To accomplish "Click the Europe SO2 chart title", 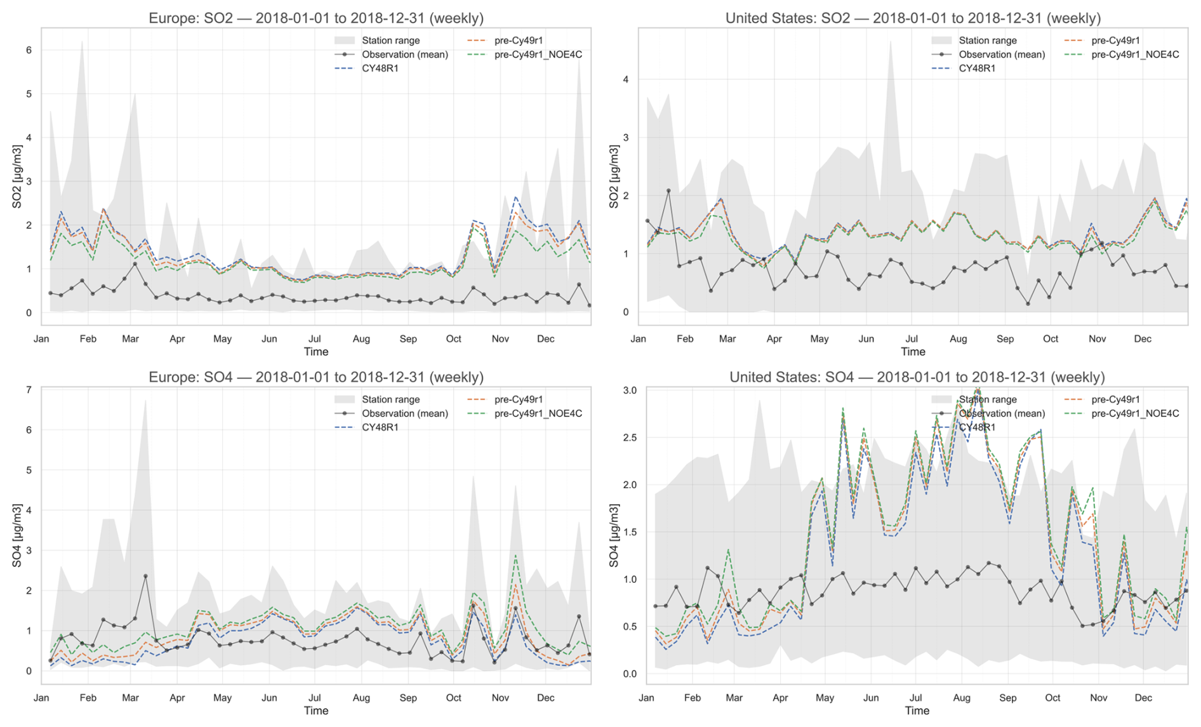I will point(315,18).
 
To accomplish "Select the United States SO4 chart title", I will point(917,377).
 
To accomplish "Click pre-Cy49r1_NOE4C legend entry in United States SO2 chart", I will point(1134,55).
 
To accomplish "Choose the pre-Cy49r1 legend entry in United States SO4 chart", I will point(1115,399).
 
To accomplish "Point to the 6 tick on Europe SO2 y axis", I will point(29,50).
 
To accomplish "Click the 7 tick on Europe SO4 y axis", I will point(29,390).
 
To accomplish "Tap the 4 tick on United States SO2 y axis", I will point(626,79).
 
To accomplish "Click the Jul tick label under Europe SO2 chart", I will point(314,339).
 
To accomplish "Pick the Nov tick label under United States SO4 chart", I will point(1098,698).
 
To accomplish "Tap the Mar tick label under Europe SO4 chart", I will point(130,698).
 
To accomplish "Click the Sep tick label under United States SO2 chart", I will point(1005,339).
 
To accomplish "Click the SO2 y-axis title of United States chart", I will point(614,177).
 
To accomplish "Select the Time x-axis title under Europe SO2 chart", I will point(315,352).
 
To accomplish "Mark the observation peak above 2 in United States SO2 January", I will point(668,190).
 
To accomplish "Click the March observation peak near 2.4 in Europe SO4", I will point(145,577).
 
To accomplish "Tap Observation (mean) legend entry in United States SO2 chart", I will point(1002,55).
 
